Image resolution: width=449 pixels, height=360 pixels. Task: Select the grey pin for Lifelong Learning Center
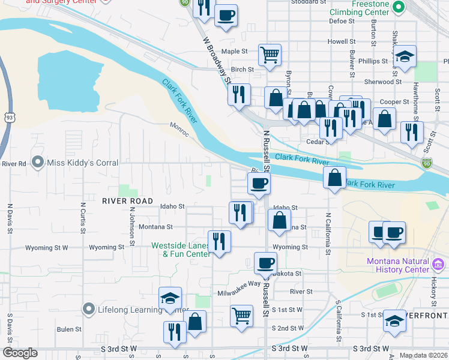click(89, 309)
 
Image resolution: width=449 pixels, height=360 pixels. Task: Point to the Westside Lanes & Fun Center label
click(181, 250)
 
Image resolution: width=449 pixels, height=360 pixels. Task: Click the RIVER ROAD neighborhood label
click(127, 200)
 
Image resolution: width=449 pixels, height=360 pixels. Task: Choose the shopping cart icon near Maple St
click(270, 54)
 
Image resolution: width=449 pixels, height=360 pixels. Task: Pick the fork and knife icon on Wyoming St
click(219, 241)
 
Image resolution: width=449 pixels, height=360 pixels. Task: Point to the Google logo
click(20, 353)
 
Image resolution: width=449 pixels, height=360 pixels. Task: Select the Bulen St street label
click(69, 329)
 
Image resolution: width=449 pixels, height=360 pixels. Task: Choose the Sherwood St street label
click(382, 82)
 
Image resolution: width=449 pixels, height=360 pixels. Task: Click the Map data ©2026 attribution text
click(423, 355)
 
